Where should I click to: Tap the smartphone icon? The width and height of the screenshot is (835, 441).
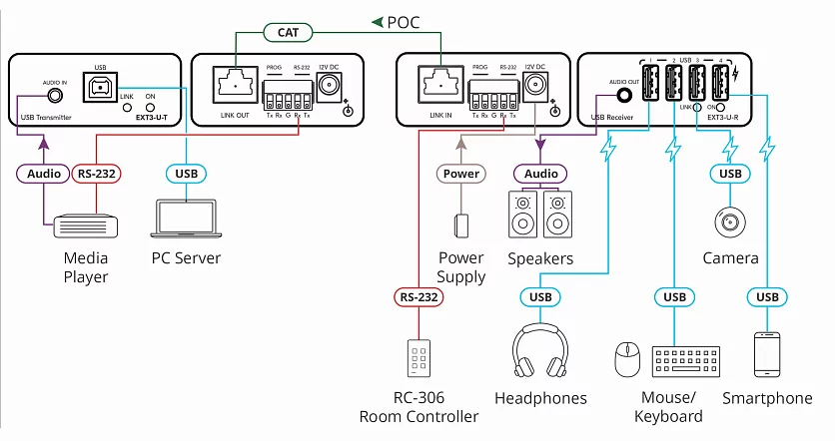click(x=767, y=353)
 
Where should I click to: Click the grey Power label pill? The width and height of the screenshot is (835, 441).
click(x=460, y=173)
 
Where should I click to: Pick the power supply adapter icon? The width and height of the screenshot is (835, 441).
click(x=460, y=224)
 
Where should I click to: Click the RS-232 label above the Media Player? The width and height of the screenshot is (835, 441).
click(x=97, y=174)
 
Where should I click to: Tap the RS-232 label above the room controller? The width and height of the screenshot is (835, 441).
click(x=418, y=296)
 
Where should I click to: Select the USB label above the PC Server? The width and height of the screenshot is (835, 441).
click(x=186, y=174)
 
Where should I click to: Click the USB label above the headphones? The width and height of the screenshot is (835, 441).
click(x=541, y=296)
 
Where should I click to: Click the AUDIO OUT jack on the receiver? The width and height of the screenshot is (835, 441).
click(x=624, y=97)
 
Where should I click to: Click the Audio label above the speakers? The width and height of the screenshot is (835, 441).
click(x=541, y=174)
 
